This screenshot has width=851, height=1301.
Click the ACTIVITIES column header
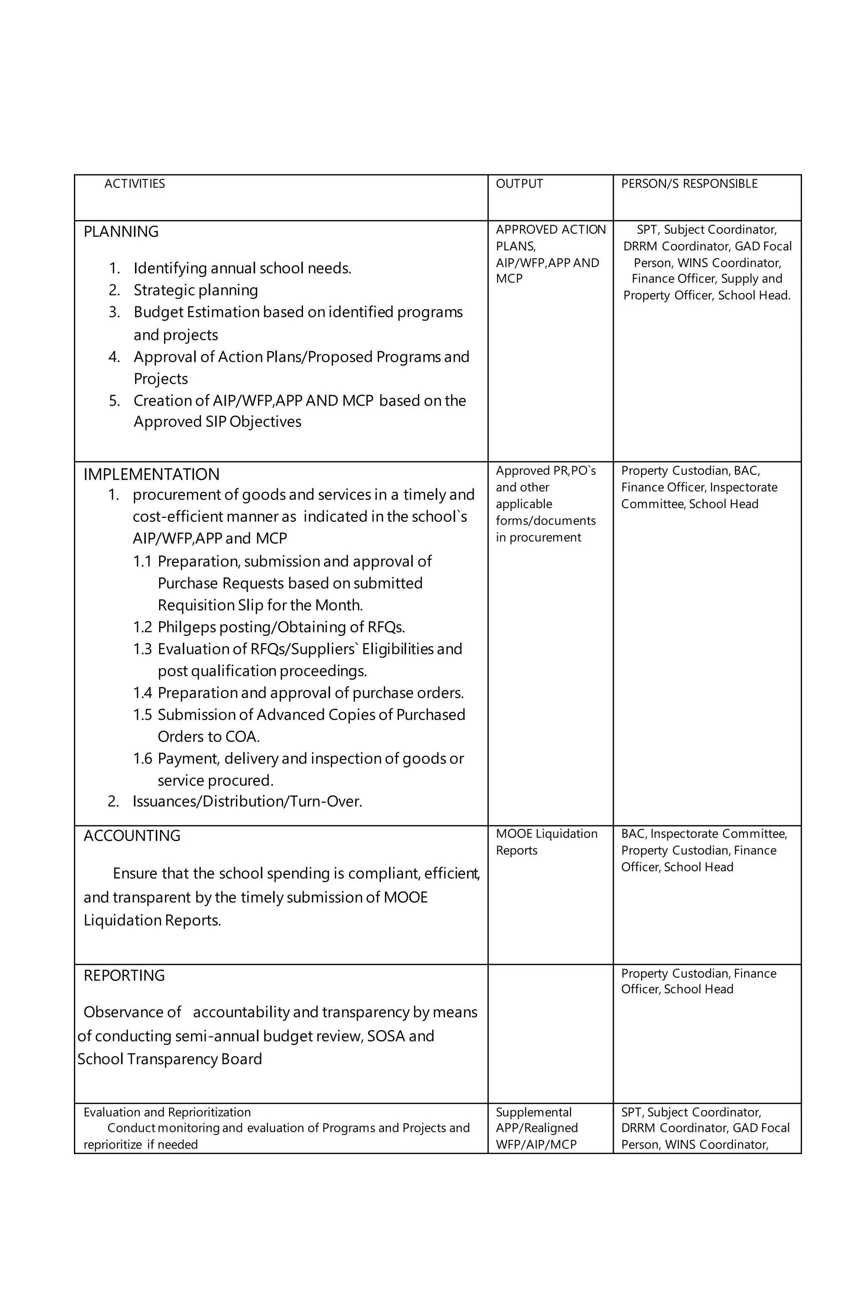click(135, 184)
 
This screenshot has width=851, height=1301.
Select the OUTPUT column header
click(519, 184)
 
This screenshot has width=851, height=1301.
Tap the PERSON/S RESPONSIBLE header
click(689, 184)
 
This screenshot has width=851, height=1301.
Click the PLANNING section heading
click(121, 232)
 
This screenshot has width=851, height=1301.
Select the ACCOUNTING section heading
click(132, 835)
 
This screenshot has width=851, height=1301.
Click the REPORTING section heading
click(124, 975)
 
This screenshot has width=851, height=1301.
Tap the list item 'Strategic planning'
click(195, 290)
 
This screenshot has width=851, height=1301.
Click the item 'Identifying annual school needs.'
click(242, 268)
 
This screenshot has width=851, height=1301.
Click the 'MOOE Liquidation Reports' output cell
click(546, 842)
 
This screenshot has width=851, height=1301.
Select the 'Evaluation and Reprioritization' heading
click(167, 1112)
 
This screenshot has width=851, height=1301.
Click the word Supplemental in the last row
click(533, 1112)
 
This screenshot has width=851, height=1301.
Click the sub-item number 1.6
click(142, 759)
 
